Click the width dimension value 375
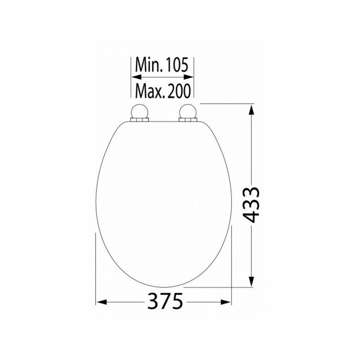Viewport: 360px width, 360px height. point(165,301)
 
